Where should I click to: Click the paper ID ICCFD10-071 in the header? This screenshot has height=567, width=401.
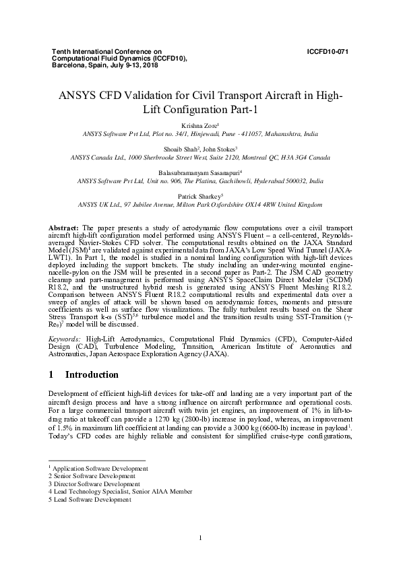pyautogui.click(x=327, y=51)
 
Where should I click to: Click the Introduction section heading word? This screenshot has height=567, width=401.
pyautogui.click(x=92, y=375)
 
